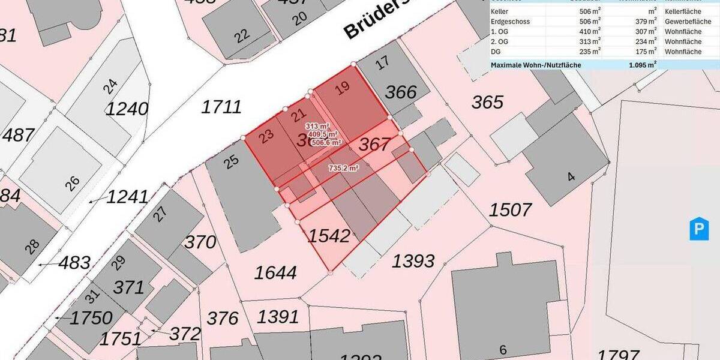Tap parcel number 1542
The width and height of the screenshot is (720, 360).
point(329,236)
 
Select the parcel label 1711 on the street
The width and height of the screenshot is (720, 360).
point(221,107)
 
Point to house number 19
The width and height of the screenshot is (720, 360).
point(342,89)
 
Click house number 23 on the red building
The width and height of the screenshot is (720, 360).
point(267,134)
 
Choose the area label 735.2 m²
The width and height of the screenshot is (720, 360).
point(344,169)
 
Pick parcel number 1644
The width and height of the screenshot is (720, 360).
point(275,273)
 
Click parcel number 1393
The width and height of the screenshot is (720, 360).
point(413,261)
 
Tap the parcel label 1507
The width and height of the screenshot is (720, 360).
point(510,210)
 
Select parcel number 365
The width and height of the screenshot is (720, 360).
point(487,102)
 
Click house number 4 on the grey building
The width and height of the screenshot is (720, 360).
point(571,177)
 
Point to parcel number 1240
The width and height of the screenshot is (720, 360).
point(127,109)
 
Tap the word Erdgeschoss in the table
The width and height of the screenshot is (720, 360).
point(510,21)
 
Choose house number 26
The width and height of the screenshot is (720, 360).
point(72,183)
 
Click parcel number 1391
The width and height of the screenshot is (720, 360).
point(278,316)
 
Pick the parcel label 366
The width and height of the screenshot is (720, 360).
point(400,92)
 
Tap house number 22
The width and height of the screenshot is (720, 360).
point(242,36)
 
